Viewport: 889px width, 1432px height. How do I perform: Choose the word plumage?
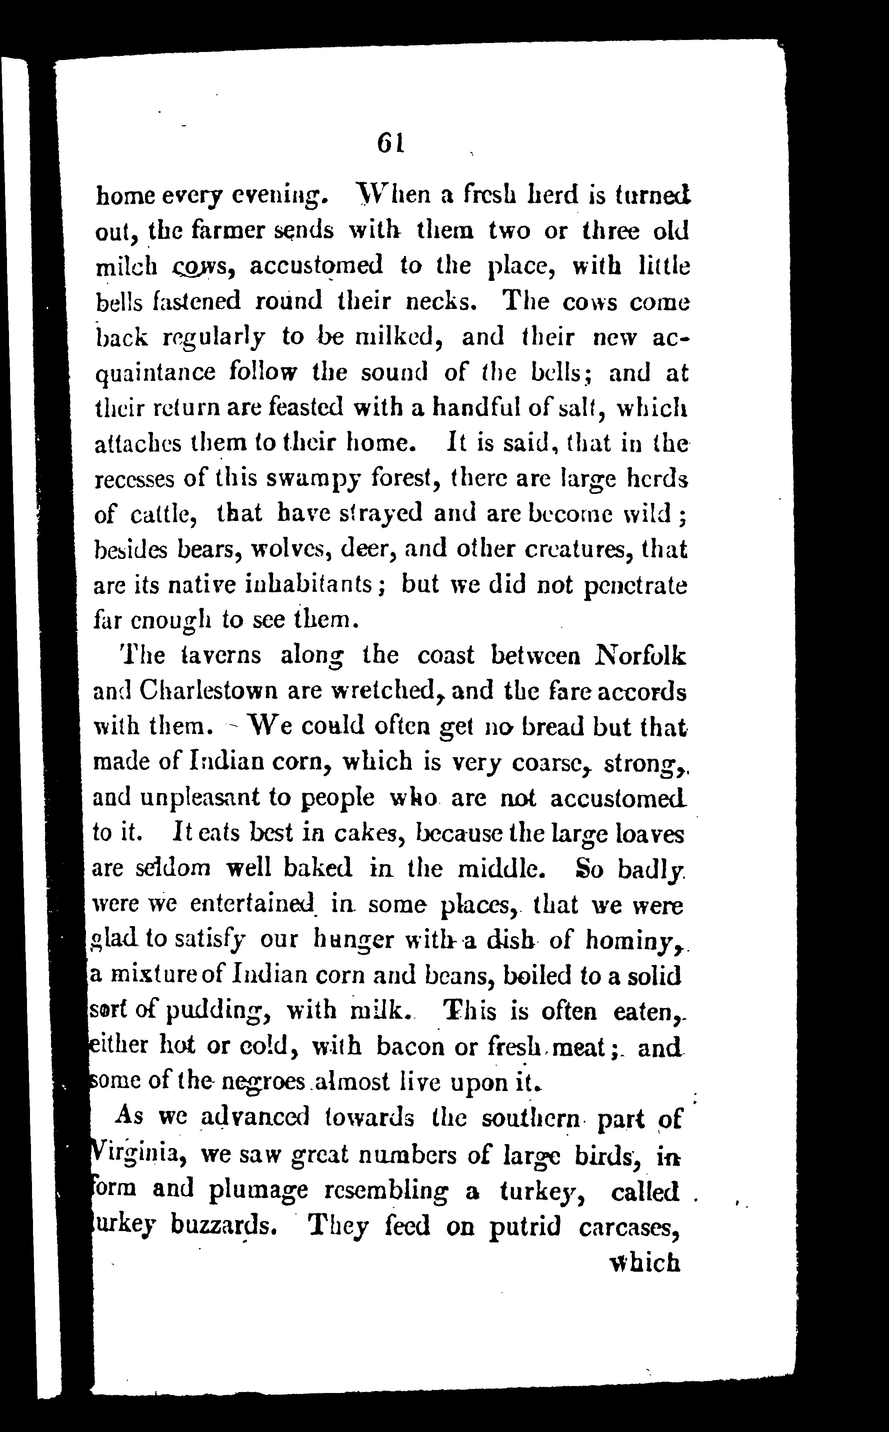pos(258,1190)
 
